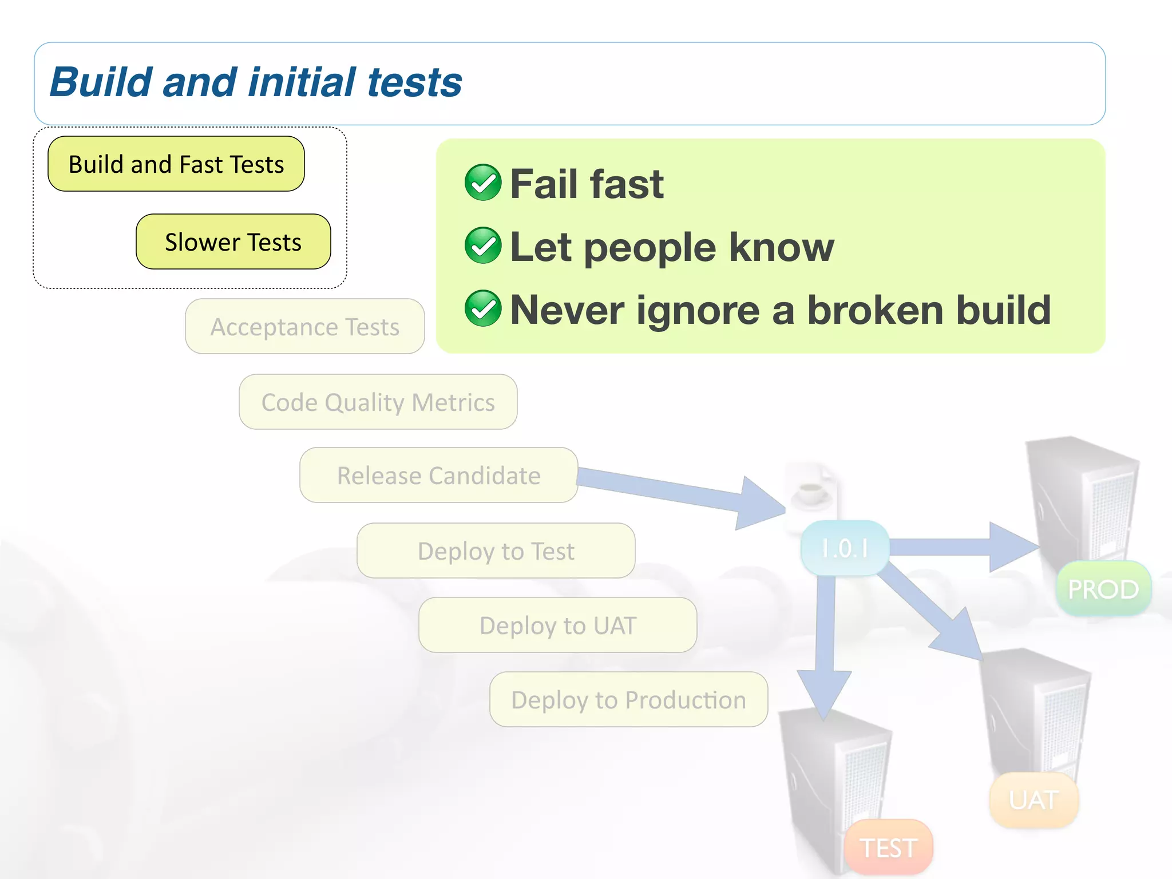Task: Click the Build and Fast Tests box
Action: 176,164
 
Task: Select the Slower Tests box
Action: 233,242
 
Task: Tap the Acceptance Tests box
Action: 304,327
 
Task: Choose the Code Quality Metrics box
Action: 378,402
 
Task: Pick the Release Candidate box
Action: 438,476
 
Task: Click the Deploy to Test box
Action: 496,551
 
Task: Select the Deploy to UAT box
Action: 557,625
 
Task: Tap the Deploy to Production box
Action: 628,700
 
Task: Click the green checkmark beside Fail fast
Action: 483,183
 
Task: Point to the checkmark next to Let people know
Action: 483,246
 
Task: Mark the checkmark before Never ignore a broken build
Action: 483,308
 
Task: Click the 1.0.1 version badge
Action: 845,548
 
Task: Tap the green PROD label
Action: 1103,589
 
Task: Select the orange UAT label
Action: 1034,800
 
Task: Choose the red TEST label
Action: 888,848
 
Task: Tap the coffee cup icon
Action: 811,492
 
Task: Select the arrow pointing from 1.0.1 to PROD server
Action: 961,547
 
